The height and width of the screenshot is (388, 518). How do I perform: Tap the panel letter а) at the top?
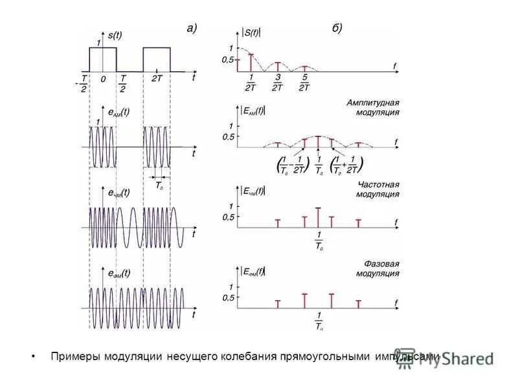[191, 28]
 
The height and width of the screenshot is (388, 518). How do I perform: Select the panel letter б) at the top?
[336, 28]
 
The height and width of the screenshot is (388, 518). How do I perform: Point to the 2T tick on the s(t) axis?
[157, 78]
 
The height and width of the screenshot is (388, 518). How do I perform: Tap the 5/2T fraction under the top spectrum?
[304, 83]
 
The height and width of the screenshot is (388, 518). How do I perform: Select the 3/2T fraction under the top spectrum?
[277, 83]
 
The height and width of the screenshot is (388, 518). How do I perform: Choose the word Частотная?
[378, 184]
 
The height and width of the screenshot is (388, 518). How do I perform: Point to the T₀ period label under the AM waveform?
[159, 186]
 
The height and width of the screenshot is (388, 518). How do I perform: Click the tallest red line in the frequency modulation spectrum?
[318, 217]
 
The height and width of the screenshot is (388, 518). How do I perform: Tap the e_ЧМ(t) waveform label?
[118, 192]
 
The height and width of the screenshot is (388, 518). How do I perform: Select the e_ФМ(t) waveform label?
[118, 273]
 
